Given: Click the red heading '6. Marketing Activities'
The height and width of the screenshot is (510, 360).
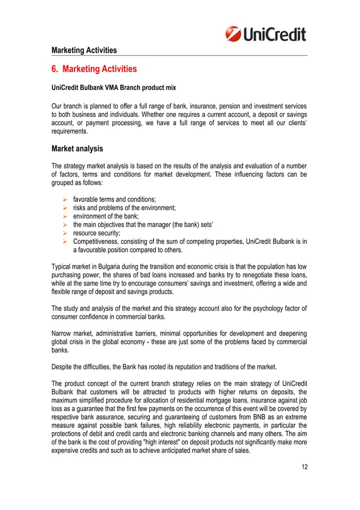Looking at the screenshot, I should point(94,69).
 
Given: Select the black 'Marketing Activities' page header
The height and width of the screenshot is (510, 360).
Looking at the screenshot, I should point(84,50).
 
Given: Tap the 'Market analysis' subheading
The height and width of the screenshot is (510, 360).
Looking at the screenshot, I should point(77,149).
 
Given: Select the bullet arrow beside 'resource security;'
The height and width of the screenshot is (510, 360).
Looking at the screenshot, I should point(65,232).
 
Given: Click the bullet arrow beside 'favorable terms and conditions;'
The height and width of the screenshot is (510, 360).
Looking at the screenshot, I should point(65,199).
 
